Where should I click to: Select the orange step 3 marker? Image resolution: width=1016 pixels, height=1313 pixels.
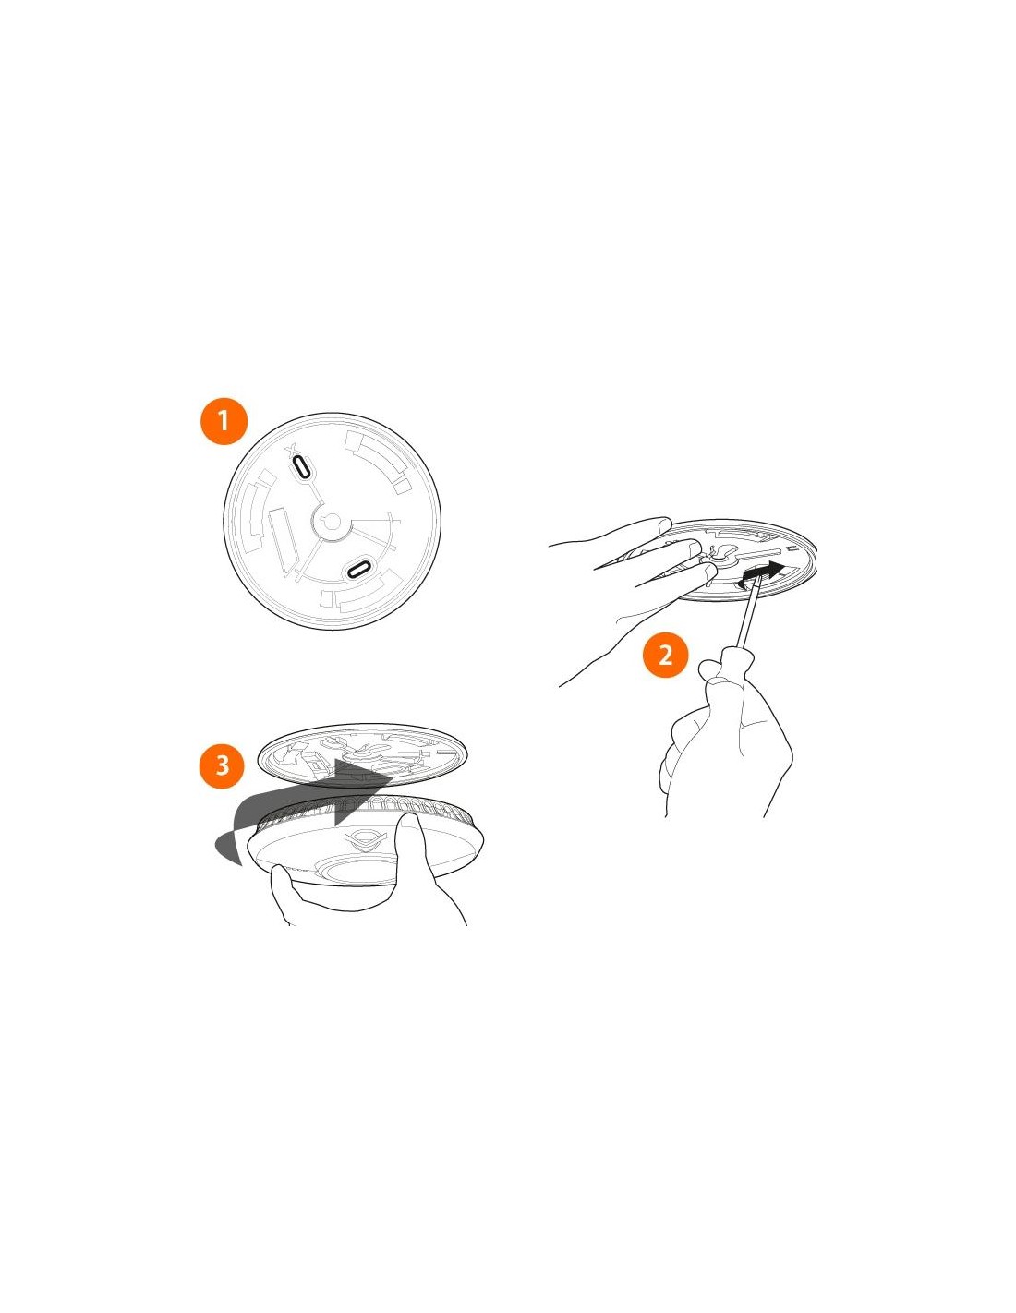223,764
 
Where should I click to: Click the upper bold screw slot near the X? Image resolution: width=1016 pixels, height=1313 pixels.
302,466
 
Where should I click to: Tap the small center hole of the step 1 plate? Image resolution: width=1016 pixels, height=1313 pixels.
332,518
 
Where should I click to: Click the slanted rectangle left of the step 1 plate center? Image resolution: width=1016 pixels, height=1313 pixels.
283,536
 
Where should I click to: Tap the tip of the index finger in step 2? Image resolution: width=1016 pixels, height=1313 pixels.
664,522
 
